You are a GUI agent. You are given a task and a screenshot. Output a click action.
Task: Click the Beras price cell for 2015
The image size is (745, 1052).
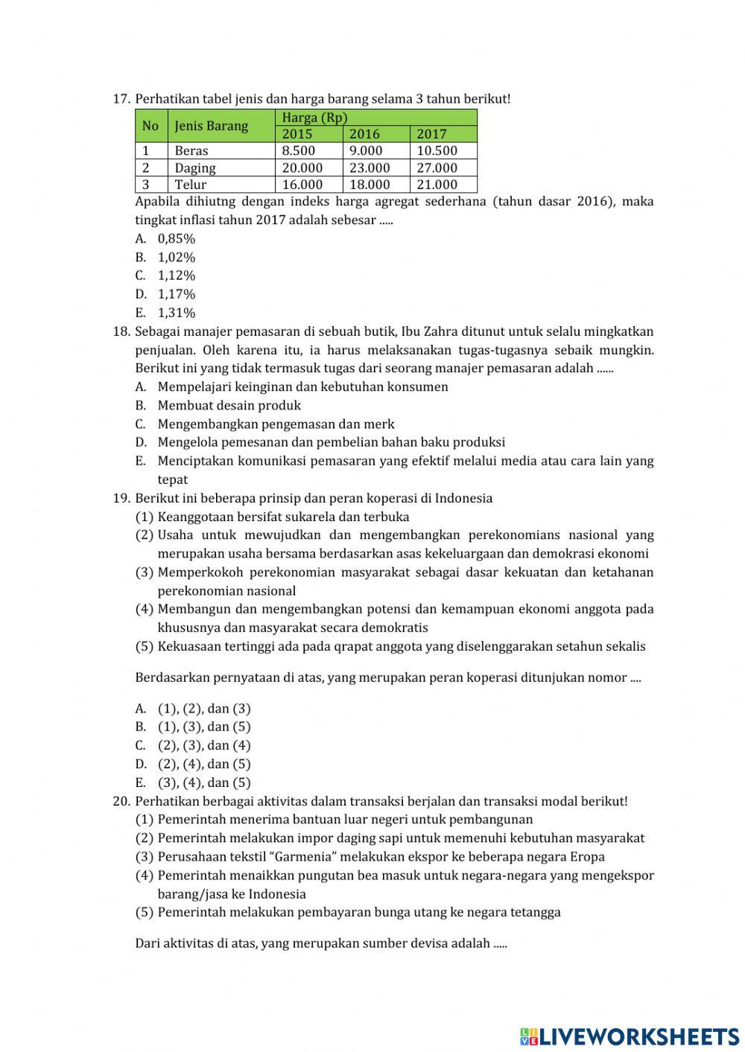pos(298,150)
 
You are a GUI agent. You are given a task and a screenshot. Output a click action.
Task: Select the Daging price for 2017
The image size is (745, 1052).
pos(437,168)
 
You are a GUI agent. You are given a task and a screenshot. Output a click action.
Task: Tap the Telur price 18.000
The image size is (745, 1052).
pos(370,185)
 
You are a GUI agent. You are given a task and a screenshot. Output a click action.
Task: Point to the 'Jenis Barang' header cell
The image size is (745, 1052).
pos(212,126)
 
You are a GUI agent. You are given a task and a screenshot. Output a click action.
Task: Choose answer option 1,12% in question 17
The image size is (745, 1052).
pos(176,275)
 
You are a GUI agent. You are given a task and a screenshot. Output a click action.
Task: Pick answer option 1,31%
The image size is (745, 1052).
pos(176,313)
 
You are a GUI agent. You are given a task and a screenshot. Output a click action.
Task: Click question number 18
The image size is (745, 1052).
pos(121,331)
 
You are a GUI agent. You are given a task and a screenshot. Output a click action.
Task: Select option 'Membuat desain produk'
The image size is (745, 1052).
pos(229,405)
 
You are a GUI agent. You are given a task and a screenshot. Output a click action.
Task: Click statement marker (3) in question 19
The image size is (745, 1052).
pos(145,573)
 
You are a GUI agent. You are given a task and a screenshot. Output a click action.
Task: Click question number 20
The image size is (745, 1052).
pos(121,801)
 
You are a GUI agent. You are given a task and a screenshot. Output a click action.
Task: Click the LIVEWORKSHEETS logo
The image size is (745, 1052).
pos(630,1036)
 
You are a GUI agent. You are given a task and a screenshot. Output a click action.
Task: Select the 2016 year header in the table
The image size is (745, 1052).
pos(364,134)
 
